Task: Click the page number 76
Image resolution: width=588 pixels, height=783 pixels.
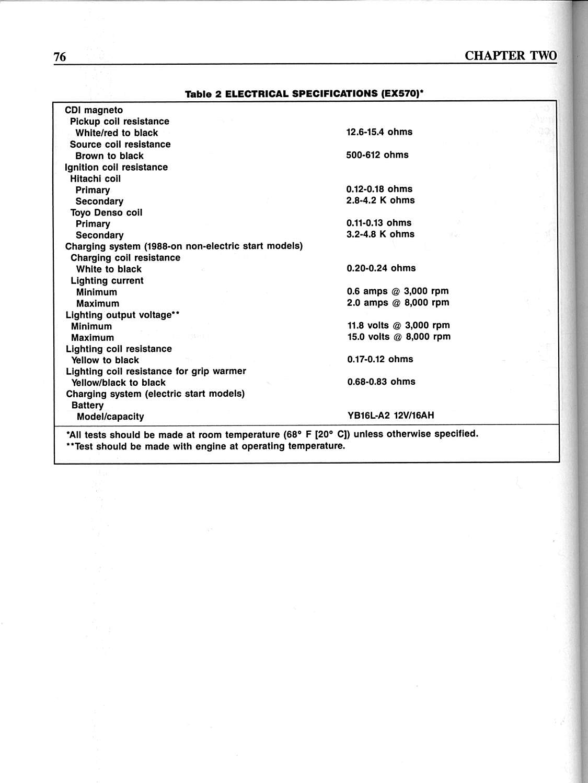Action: click(x=60, y=56)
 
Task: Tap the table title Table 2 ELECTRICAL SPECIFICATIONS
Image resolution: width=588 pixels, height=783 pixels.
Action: click(x=304, y=94)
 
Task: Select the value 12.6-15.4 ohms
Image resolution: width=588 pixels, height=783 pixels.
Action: click(x=379, y=132)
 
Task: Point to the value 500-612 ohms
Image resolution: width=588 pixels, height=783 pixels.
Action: click(x=377, y=155)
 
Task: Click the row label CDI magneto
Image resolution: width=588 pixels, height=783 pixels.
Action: click(x=94, y=110)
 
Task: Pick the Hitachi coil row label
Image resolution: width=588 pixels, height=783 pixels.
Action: click(x=95, y=179)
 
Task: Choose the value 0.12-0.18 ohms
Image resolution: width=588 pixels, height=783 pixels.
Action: click(x=379, y=189)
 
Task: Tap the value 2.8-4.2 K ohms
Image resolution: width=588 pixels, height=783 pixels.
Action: click(x=380, y=200)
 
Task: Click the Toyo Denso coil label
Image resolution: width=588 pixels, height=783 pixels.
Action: click(x=106, y=212)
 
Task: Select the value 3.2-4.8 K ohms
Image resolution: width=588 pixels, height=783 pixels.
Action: click(x=380, y=234)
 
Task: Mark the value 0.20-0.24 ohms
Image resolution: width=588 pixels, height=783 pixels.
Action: click(x=381, y=268)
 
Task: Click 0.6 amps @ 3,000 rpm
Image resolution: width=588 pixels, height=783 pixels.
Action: click(x=398, y=291)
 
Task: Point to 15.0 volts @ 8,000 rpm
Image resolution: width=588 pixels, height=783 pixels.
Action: click(x=399, y=337)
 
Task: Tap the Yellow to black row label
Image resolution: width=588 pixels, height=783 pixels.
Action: click(x=105, y=360)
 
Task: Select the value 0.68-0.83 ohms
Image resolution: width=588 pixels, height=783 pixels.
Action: click(x=381, y=382)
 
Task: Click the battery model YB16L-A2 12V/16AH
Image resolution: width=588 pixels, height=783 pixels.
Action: click(x=390, y=416)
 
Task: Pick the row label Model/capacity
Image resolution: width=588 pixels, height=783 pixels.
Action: click(x=110, y=417)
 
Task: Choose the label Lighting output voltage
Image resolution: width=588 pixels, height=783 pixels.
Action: click(x=123, y=315)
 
